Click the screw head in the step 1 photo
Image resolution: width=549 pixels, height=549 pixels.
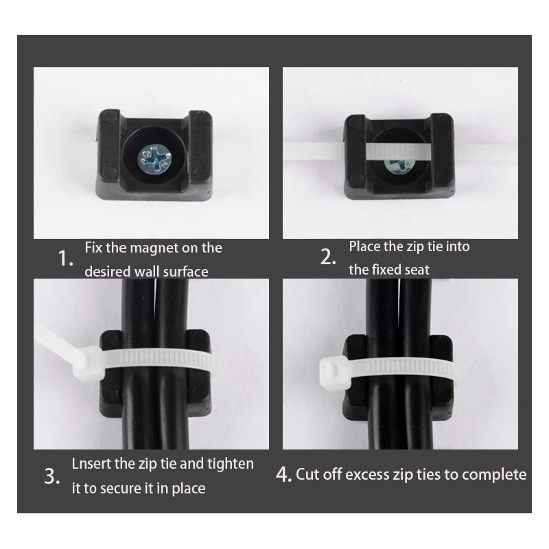click(154, 159)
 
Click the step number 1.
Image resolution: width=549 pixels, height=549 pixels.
click(65, 259)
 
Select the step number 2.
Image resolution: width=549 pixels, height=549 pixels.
click(328, 257)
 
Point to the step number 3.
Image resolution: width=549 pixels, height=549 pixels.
click(52, 476)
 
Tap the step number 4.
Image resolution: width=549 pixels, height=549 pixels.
click(283, 474)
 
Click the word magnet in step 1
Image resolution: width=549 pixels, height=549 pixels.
click(154, 248)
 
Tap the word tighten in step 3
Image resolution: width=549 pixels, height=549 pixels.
click(231, 465)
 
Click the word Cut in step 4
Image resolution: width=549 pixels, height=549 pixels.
click(307, 474)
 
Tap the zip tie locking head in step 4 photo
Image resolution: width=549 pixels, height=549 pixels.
click(334, 373)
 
